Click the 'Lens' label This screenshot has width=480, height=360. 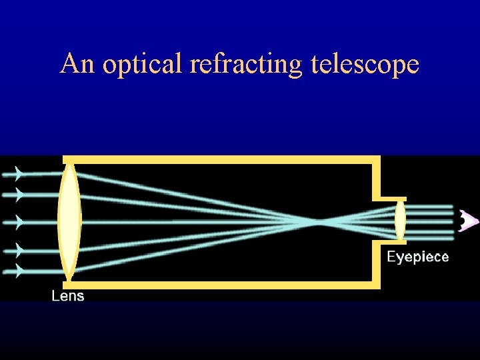point(68,295)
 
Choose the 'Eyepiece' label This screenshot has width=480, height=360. point(418,257)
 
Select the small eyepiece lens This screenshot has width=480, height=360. point(400,221)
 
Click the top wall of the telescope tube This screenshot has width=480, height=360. point(220,159)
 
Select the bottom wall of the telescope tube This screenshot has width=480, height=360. point(220,284)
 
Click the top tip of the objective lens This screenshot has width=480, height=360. point(69,164)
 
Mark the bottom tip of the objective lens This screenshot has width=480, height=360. point(69,278)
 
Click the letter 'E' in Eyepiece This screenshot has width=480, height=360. point(392,257)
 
